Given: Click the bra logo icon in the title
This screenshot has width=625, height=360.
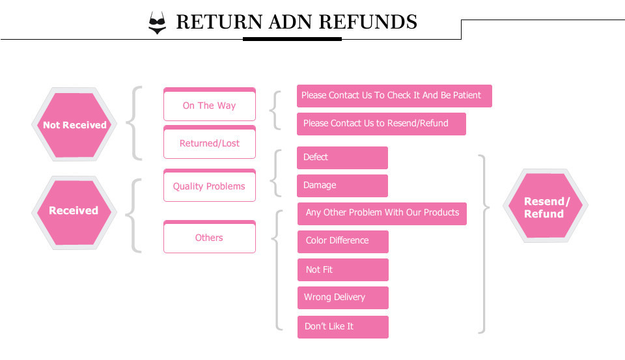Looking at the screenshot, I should tap(157, 23).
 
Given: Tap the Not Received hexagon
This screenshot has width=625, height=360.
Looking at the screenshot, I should tap(74, 125).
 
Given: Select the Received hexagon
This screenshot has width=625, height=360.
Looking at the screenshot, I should tap(74, 211).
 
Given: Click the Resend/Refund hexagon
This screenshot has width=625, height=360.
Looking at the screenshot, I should tap(546, 208).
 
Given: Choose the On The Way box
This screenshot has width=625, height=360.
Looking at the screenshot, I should tap(209, 105).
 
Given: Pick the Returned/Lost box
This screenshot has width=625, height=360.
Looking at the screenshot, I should tap(209, 143).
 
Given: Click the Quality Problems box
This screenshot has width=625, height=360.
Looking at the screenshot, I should tap(209, 186).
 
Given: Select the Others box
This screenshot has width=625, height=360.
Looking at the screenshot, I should tap(209, 238).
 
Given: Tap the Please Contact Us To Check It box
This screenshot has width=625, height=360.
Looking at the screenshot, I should tap(394, 96).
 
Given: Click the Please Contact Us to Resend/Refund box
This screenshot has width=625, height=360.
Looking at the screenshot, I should tap(381, 124).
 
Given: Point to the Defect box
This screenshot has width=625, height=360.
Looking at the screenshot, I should tap(342, 158).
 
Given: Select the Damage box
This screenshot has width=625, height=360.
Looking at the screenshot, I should tap(342, 186).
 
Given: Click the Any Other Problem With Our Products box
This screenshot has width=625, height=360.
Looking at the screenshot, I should tap(382, 213).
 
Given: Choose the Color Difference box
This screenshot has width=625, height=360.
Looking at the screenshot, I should tap(342, 241).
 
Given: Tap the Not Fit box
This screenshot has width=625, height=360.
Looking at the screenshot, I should tap(342, 270).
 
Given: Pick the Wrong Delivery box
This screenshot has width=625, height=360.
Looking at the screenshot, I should tap(342, 298).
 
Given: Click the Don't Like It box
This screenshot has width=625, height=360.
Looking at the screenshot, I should tap(342, 327).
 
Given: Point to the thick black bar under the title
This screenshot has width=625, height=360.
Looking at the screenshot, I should tap(292, 39).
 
